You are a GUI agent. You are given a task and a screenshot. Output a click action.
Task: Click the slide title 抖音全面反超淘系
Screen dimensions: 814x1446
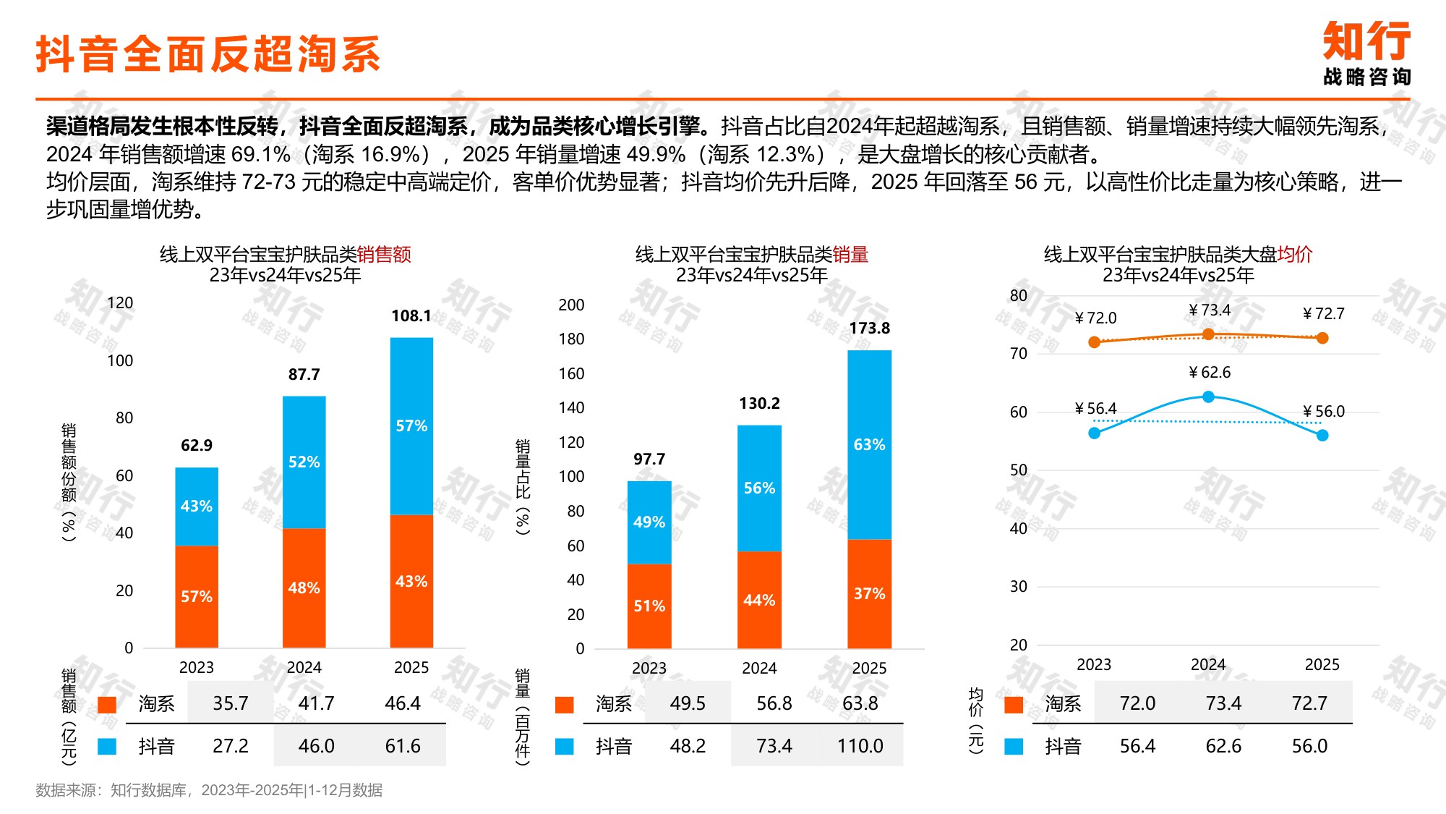(x=208, y=54)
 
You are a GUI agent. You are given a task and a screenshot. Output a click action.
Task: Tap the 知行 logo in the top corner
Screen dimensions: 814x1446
(x=1366, y=52)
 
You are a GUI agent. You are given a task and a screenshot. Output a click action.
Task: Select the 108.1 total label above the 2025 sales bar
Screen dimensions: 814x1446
(x=411, y=316)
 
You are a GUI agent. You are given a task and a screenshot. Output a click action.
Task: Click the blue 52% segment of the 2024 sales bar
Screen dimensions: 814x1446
(x=304, y=462)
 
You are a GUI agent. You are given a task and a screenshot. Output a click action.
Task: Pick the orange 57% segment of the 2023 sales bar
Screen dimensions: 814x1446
(x=196, y=596)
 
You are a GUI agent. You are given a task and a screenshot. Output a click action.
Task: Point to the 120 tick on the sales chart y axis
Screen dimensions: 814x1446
(x=120, y=303)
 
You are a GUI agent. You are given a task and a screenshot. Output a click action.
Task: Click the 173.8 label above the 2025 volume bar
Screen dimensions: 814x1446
(x=869, y=328)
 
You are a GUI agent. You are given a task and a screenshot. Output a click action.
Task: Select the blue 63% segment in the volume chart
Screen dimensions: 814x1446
(x=869, y=444)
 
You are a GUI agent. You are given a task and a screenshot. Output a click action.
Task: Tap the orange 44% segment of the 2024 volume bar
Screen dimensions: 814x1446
(x=759, y=600)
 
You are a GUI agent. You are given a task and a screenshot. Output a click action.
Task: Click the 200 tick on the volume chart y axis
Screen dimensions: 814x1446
(x=571, y=305)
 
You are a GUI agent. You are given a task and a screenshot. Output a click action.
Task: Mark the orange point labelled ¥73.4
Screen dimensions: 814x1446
(x=1208, y=334)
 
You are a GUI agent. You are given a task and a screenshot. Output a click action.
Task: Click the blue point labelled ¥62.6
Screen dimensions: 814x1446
(x=1208, y=397)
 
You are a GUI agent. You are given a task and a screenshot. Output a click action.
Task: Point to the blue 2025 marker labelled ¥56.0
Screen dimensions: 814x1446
(x=1322, y=435)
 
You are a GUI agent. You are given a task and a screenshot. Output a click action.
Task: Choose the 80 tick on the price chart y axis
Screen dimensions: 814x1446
(x=1018, y=295)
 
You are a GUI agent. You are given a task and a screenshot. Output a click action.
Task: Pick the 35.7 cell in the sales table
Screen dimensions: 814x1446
(x=230, y=703)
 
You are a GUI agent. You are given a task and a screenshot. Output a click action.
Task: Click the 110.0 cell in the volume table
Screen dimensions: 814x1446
(x=860, y=746)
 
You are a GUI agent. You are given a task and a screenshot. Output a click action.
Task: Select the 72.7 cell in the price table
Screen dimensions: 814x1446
(x=1309, y=703)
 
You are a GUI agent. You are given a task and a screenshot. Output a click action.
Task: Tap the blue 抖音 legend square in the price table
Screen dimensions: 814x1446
(x=1014, y=747)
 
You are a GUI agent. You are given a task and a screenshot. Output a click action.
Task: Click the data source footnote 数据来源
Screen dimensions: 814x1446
(x=209, y=790)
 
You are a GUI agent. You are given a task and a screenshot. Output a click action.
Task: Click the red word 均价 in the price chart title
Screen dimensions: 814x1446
(x=1294, y=255)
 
